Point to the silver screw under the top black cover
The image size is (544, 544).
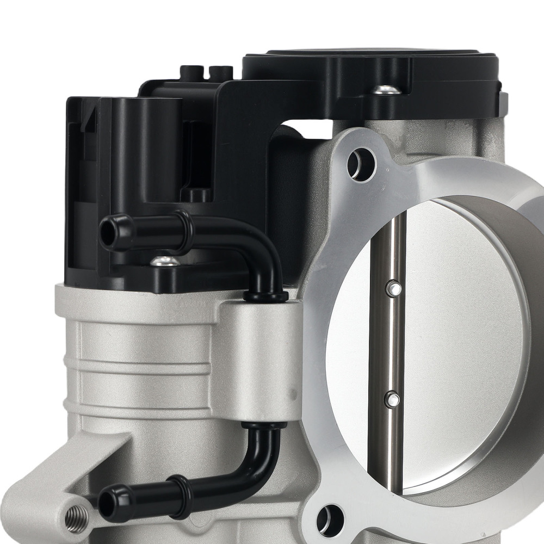(x=385, y=89)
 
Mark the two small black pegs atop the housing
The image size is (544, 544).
(x=207, y=71)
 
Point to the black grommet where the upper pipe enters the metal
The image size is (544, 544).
(x=265, y=296)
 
